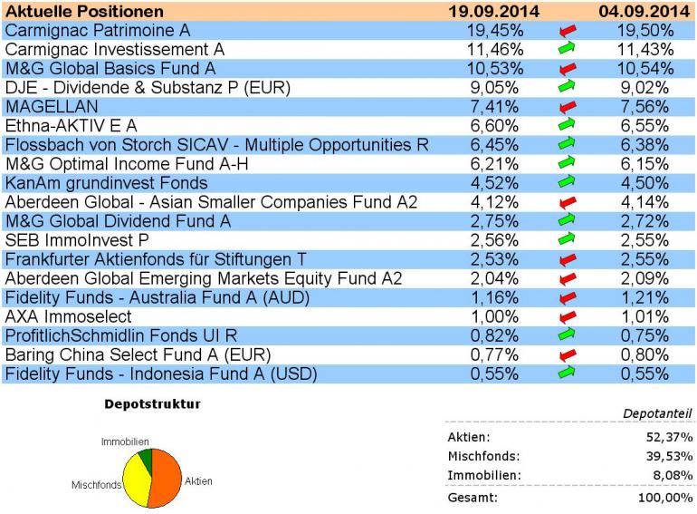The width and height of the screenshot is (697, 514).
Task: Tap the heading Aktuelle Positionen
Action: pyautogui.click(x=85, y=12)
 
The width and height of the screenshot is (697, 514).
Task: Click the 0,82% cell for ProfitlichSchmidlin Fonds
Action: pyautogui.click(x=495, y=335)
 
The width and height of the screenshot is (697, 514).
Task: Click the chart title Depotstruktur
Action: pyautogui.click(x=153, y=403)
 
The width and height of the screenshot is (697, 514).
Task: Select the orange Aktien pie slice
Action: pyautogui.click(x=164, y=472)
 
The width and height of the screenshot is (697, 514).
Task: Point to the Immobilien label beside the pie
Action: pyautogui.click(x=125, y=441)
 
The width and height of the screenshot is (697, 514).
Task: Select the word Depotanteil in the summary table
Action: pyautogui.click(x=658, y=413)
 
